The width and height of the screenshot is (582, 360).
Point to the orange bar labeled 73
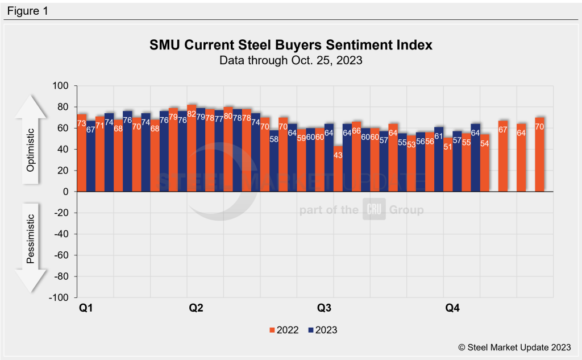click(81, 152)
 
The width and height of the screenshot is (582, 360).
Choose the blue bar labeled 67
click(91, 156)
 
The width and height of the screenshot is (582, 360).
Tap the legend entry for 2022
click(284, 330)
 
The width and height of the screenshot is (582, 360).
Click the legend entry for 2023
click(322, 330)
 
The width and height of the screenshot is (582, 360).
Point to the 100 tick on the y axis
click(61, 86)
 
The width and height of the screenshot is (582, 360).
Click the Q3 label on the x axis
click(325, 309)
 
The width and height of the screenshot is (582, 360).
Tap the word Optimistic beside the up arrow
click(31, 139)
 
